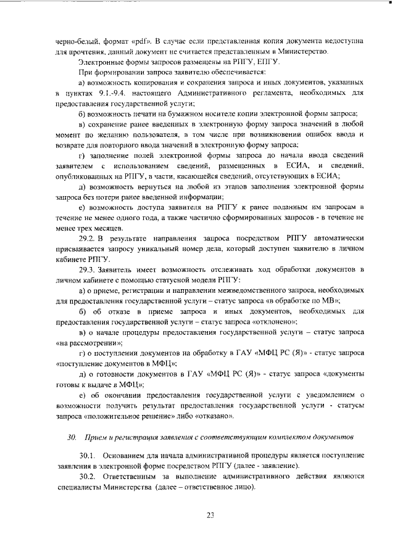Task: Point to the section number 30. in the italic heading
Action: tap(71, 437)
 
